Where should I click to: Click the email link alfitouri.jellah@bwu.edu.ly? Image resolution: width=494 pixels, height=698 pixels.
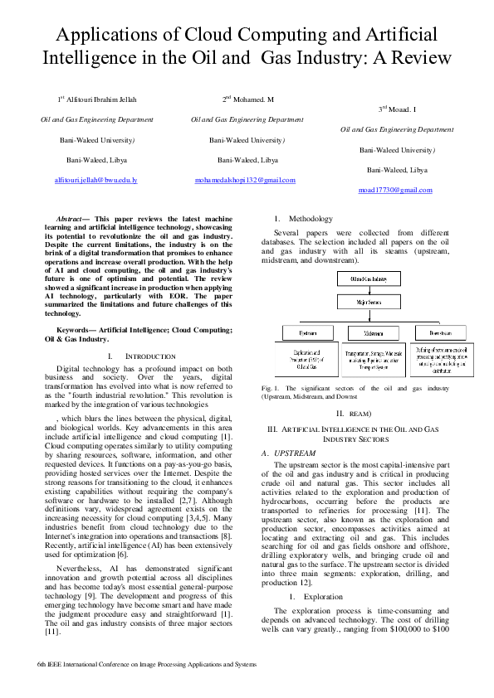pyautogui.click(x=95, y=179)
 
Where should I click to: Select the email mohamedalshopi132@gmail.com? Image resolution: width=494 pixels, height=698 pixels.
pyautogui.click(x=245, y=179)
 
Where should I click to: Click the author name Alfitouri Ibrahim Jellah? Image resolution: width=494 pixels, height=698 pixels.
pyautogui.click(x=99, y=99)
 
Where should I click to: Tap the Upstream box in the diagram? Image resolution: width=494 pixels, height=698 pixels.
pyautogui.click(x=307, y=332)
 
